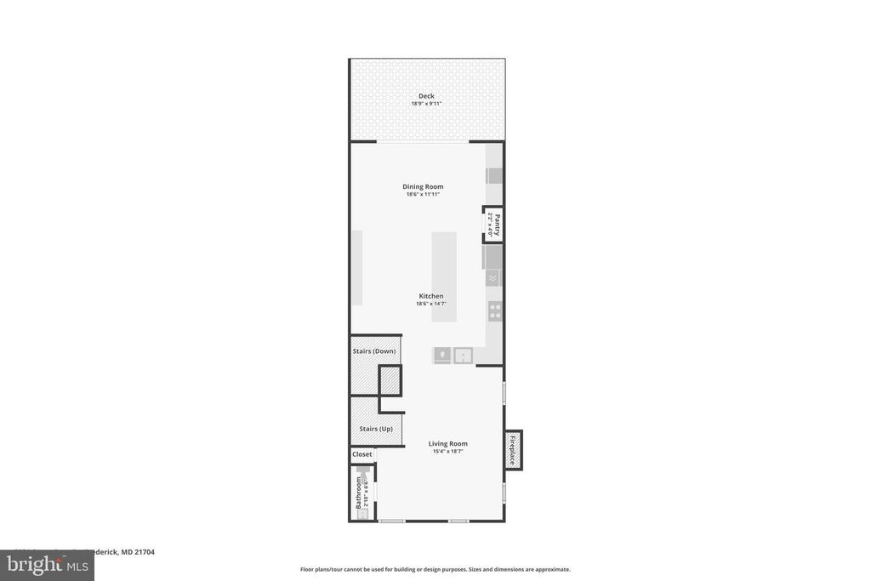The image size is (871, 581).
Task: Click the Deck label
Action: coord(426,96)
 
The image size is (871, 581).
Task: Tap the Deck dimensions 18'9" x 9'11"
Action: coord(426,104)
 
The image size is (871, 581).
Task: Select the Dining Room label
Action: coord(423,186)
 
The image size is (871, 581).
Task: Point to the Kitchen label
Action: coord(430,296)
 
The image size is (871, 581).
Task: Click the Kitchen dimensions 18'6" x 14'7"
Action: coord(430,304)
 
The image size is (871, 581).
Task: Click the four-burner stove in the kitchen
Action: coord(494,310)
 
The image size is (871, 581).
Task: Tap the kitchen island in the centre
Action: coord(444,276)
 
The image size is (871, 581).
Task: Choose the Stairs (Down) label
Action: coord(374,351)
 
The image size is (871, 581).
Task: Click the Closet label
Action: coord(362,454)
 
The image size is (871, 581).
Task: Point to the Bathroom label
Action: coord(359,493)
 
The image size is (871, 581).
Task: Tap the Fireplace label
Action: coord(512,450)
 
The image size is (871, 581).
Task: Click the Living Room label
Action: coord(447,443)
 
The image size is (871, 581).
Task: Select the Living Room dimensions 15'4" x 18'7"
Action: coord(447,451)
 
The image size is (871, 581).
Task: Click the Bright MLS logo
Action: coord(46,565)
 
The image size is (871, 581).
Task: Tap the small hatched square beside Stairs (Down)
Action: coord(390,380)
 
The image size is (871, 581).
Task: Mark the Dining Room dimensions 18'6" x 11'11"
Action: coord(423,194)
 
